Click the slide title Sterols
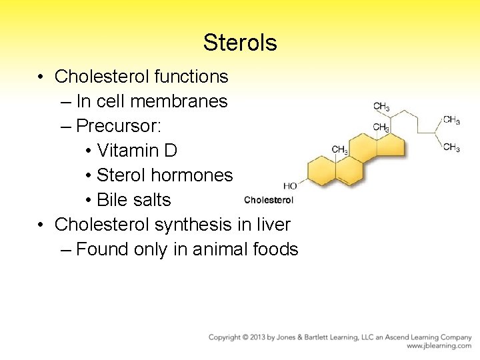240,43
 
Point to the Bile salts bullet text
133,200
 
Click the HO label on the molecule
290,186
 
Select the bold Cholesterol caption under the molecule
269,199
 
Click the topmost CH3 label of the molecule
381,107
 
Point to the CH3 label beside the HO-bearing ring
339,150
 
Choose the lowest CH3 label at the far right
451,147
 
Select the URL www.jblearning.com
439,347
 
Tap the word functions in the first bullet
191,77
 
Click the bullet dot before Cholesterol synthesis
41,225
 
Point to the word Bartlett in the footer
337,338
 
